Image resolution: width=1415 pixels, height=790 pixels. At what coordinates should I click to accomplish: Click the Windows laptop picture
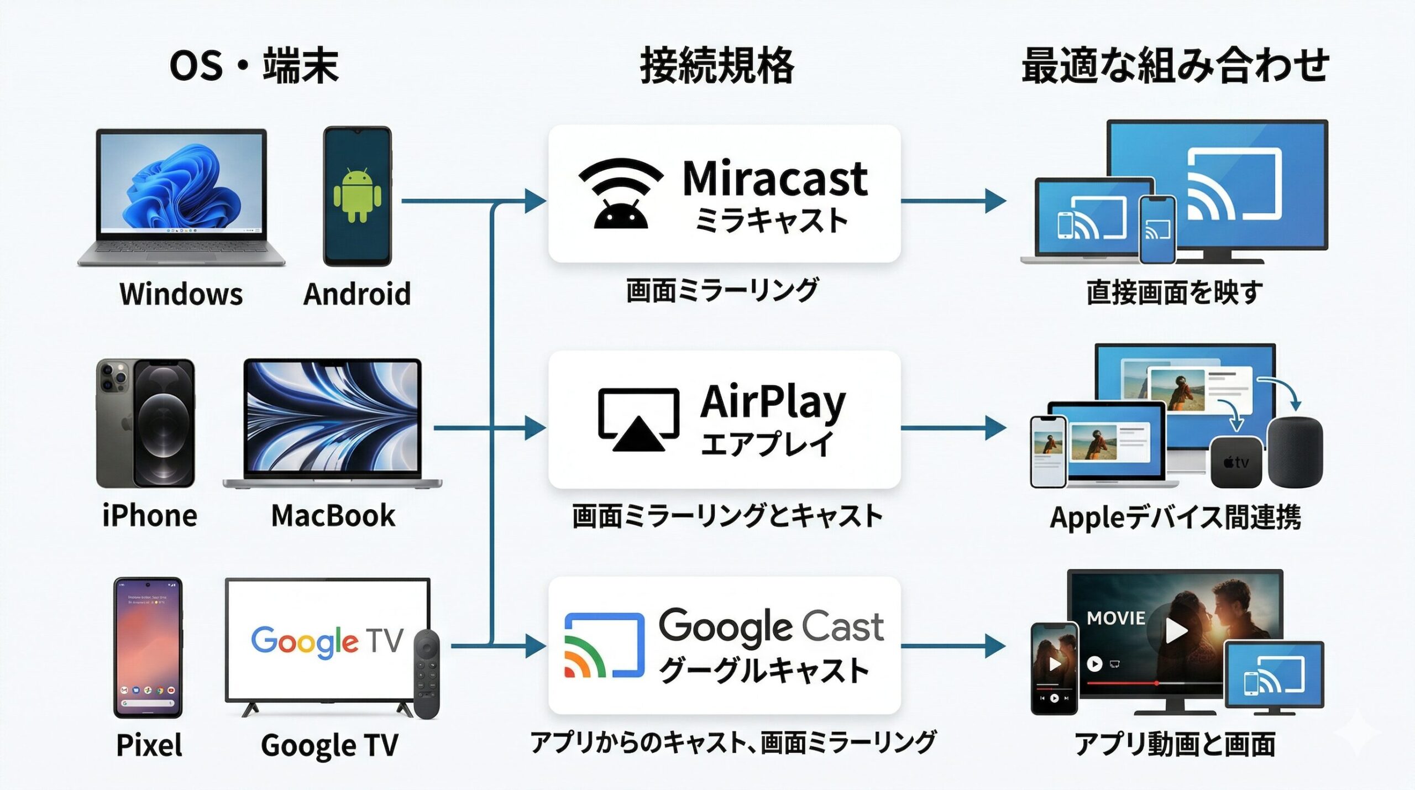tap(181, 196)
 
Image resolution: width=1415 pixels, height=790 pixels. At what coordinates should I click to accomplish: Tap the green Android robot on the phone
tap(357, 195)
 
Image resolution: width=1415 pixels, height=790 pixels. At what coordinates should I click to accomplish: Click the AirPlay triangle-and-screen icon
tap(638, 420)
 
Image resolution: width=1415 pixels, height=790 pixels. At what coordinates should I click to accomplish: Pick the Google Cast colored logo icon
tap(604, 645)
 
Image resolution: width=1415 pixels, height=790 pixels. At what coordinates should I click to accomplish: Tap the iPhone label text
tap(150, 516)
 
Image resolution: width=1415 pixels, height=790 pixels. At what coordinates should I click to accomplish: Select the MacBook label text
tap(333, 516)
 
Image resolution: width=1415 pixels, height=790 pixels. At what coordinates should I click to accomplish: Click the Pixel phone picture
tap(148, 647)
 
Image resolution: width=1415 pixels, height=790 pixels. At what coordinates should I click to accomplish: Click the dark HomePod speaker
tap(1295, 452)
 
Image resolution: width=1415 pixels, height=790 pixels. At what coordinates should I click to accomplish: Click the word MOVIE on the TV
tap(1115, 618)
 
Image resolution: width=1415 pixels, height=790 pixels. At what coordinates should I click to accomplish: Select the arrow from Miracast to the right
tap(953, 201)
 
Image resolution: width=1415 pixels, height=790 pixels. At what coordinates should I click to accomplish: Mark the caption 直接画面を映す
tap(1175, 292)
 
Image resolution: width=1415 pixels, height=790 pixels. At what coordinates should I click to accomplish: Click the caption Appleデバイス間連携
tap(1175, 517)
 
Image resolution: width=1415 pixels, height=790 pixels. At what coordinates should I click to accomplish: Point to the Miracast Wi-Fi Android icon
tap(620, 193)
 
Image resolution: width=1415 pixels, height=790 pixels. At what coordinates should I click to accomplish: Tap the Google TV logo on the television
tap(327, 641)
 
